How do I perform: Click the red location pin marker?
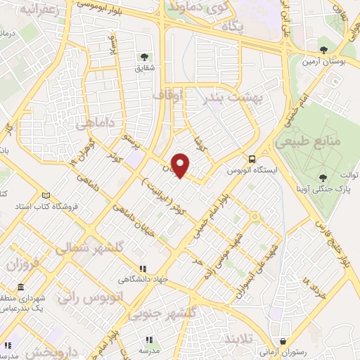tap(181, 165)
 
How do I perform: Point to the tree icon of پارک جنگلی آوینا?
tap(322, 177)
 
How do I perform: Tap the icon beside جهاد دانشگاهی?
tap(143, 268)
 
